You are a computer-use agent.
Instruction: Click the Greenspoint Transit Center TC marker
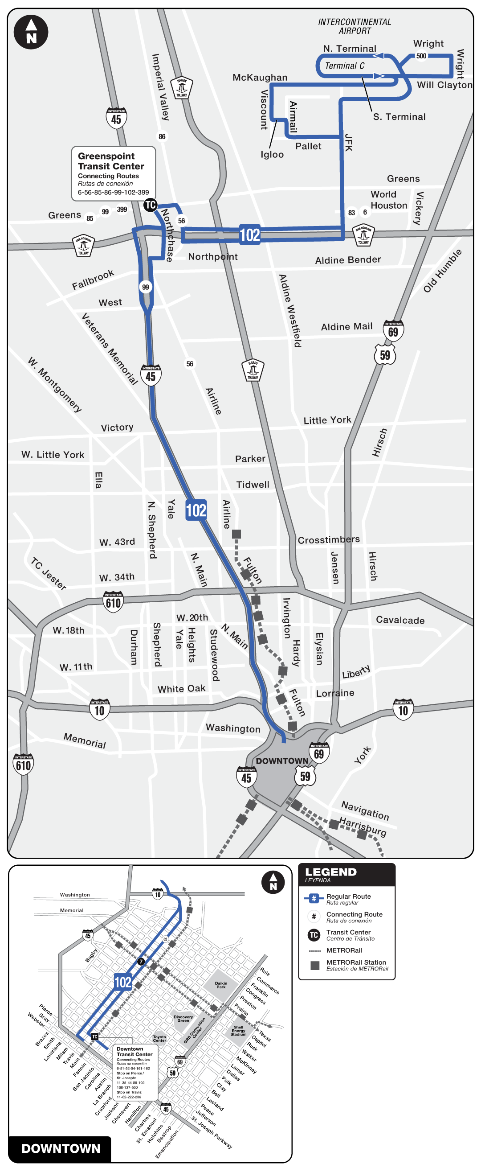tap(150, 205)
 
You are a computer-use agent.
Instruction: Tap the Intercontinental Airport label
tap(355, 26)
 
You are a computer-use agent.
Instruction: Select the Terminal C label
tap(345, 66)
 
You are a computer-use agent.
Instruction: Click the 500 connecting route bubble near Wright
tap(421, 56)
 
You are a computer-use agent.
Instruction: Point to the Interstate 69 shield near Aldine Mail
tap(393, 330)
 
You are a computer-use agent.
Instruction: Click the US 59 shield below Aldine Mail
tap(385, 355)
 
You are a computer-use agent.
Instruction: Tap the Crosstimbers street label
tap(329, 540)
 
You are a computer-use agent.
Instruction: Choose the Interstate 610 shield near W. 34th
tap(113, 602)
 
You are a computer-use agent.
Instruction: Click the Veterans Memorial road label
tap(109, 349)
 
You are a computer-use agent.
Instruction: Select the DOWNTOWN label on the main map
tap(282, 761)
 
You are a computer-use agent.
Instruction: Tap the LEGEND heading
tap(331, 872)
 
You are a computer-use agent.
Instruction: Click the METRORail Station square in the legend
tap(314, 966)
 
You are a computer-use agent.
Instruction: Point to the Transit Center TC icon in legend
tap(314, 935)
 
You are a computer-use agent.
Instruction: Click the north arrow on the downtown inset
tap(273, 882)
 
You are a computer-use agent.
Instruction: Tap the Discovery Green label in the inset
tap(183, 1019)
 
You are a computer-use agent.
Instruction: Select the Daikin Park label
tap(221, 985)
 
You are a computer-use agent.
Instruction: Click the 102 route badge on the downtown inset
tap(123, 982)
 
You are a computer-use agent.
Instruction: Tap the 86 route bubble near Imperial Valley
tap(162, 136)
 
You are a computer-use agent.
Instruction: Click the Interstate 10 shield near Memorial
tap(100, 710)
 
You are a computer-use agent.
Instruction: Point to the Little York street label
tap(327, 420)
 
